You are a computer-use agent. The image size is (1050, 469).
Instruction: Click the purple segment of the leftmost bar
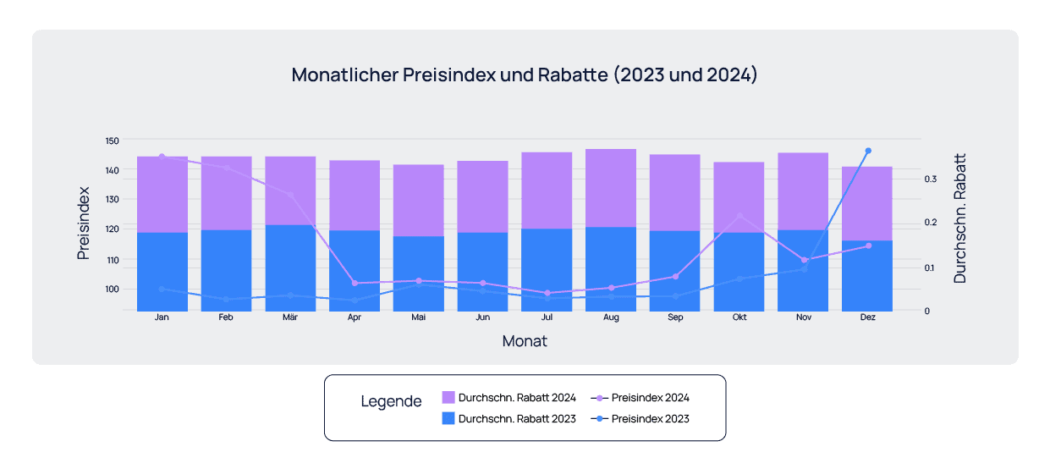[x=162, y=194]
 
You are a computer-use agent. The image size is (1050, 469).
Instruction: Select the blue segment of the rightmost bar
[x=866, y=276]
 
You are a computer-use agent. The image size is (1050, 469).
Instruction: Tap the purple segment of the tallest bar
[x=610, y=188]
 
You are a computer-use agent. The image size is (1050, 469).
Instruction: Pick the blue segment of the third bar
[x=290, y=268]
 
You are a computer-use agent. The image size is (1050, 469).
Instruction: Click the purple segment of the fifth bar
[x=418, y=200]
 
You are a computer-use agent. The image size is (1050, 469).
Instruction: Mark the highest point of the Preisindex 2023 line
[x=868, y=151]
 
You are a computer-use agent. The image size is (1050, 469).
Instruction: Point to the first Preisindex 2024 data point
[x=162, y=157]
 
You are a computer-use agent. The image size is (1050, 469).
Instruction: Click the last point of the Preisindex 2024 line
[x=868, y=246]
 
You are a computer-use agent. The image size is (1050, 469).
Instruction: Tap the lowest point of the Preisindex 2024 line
[x=547, y=293]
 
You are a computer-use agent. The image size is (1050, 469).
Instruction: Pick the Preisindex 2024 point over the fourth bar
[x=355, y=283]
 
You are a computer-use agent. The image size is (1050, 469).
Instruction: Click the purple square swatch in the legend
[x=448, y=398]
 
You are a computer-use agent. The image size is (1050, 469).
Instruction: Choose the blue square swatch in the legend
[x=448, y=418]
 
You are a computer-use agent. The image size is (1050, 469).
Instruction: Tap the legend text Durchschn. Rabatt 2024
[x=517, y=398]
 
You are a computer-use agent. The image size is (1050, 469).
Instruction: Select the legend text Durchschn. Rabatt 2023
[x=517, y=419]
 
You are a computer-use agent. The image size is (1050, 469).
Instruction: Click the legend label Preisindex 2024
[x=651, y=398]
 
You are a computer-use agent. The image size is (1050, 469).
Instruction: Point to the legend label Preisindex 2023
[x=651, y=419]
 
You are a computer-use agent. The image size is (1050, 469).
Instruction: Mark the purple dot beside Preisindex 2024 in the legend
[x=599, y=398]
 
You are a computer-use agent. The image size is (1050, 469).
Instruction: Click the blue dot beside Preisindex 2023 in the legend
[x=599, y=419]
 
